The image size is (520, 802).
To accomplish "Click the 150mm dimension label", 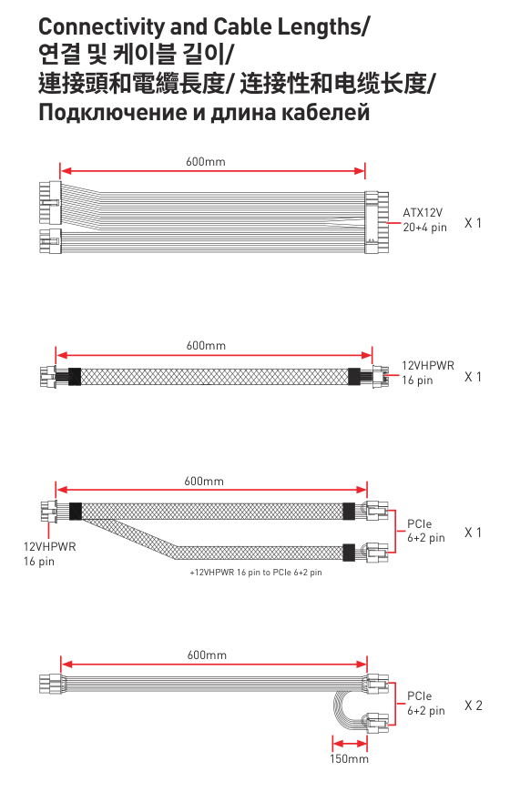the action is click(x=349, y=758).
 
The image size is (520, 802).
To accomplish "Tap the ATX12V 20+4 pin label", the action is click(x=424, y=220).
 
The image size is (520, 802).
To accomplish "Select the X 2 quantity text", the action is click(x=474, y=706).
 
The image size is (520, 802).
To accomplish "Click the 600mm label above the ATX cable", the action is click(x=205, y=162).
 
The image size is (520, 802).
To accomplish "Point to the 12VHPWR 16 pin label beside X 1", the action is click(x=427, y=373).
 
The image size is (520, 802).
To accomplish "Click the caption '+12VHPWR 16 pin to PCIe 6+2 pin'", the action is click(x=256, y=573).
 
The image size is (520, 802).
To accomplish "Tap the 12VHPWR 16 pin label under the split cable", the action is click(x=49, y=553).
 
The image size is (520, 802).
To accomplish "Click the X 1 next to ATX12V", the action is click(x=473, y=223).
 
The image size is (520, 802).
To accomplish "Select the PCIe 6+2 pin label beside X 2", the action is click(x=426, y=704).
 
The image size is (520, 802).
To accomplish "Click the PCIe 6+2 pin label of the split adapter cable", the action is click(x=426, y=531).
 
